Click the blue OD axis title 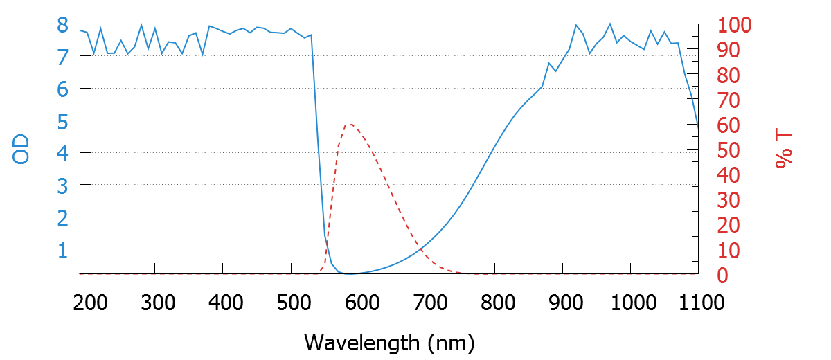tap(21, 149)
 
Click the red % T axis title tap(784, 149)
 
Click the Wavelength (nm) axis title tap(388, 342)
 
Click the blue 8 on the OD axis tap(62, 25)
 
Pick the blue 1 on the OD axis tap(62, 249)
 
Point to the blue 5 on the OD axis tap(62, 121)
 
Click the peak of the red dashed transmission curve tap(350, 125)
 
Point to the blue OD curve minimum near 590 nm tap(351, 274)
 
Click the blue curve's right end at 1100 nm tap(698, 128)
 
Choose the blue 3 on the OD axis tap(62, 185)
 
